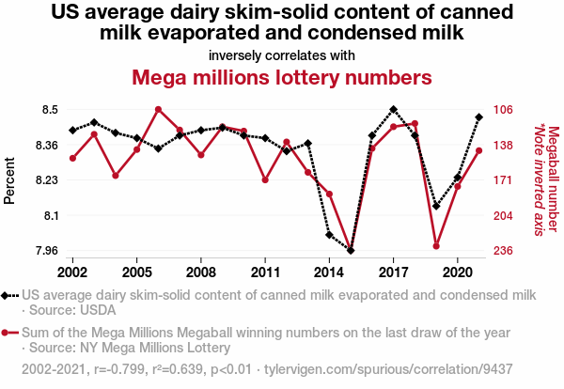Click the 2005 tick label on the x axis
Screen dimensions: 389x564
136,272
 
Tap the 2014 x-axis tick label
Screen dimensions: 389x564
329,272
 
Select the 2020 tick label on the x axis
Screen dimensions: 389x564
457,272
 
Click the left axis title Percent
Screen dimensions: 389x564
10,180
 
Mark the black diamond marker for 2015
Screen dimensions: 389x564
351,251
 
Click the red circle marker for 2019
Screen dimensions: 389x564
436,246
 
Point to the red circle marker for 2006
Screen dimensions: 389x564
158,110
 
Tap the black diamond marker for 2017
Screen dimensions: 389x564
393,110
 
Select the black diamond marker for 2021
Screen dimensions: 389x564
478,117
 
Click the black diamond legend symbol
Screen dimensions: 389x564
9,295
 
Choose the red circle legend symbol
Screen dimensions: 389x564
9,333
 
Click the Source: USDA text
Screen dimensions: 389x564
66,310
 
